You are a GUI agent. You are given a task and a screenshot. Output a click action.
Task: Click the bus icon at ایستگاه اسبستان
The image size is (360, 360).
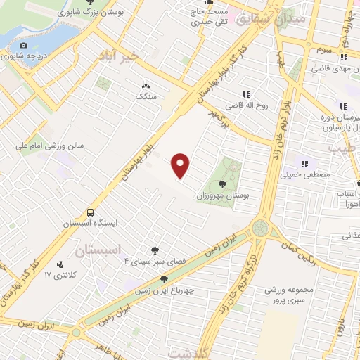click(90, 212)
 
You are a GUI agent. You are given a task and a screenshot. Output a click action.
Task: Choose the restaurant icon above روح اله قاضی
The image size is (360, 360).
click(246, 95)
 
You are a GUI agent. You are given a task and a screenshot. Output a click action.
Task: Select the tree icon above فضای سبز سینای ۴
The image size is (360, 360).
click(155, 250)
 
